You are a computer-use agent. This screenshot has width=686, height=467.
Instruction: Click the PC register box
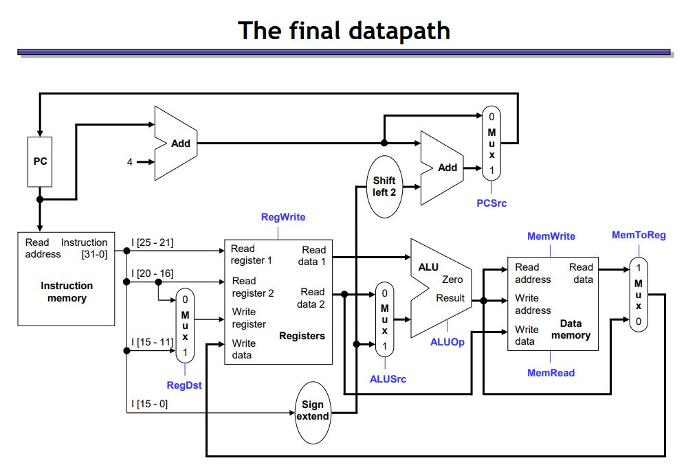(x=39, y=161)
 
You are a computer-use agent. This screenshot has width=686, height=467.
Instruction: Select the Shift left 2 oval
(x=384, y=186)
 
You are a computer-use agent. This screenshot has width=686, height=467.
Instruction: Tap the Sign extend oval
(x=313, y=410)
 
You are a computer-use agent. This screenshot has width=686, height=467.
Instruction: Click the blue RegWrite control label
(x=283, y=217)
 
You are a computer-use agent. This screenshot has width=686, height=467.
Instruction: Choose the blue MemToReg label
(x=639, y=235)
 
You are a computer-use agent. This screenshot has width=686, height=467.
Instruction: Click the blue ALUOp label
(x=447, y=341)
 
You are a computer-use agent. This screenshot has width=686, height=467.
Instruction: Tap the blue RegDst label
(x=184, y=385)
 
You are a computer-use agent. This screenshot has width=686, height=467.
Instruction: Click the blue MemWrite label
(x=551, y=236)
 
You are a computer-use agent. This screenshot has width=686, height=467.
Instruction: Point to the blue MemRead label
(x=551, y=372)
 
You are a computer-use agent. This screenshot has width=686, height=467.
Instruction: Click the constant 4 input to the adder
(x=129, y=162)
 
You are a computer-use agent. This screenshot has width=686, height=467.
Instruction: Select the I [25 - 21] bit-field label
(x=153, y=242)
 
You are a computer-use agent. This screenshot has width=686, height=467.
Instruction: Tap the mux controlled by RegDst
(x=184, y=325)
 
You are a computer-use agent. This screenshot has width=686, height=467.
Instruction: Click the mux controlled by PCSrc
(x=491, y=143)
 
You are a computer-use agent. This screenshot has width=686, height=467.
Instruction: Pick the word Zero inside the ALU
(x=452, y=280)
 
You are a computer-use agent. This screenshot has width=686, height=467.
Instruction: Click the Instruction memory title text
(x=67, y=292)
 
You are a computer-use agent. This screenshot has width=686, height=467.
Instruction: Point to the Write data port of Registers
(x=243, y=349)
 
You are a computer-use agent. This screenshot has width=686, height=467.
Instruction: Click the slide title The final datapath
(x=344, y=31)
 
